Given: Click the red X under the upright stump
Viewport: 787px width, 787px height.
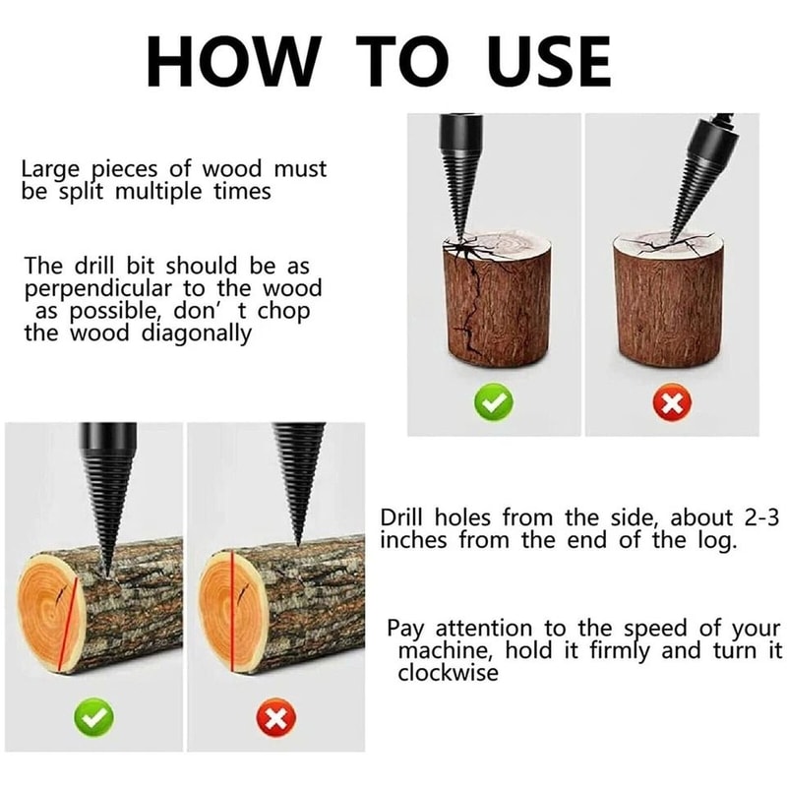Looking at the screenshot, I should pyautogui.click(x=673, y=403).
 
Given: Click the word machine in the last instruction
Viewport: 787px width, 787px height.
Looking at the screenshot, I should pyautogui.click(x=439, y=650).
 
